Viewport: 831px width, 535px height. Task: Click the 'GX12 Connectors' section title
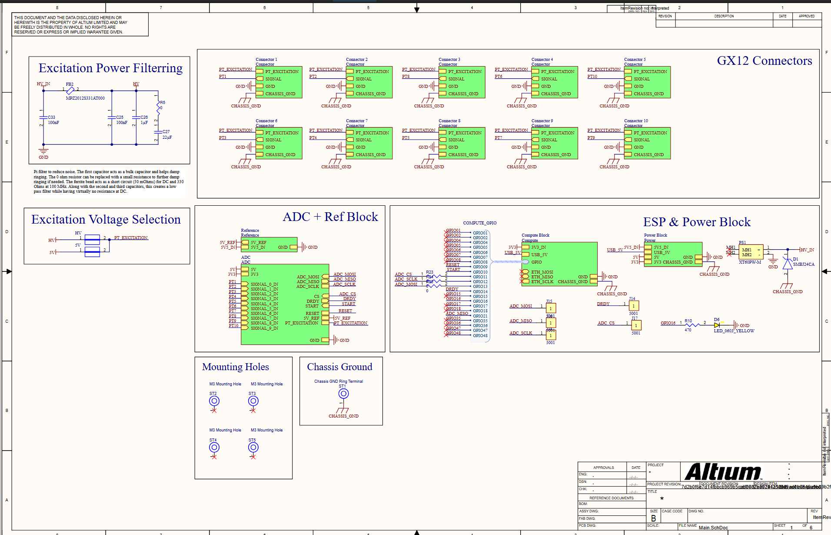pos(764,61)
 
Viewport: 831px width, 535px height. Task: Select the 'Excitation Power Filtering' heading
pos(110,68)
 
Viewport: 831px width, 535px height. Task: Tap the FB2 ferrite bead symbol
pos(70,90)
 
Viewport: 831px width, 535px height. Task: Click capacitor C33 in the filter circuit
pos(43,117)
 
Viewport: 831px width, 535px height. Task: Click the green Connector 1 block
pos(279,82)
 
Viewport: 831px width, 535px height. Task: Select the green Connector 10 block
pos(647,143)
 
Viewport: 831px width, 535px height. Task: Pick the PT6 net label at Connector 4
pos(499,77)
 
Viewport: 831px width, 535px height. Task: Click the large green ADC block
pos(285,304)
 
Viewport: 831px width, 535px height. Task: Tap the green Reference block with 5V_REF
pos(269,244)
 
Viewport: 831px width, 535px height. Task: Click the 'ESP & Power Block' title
pos(697,222)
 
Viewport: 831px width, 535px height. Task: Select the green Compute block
pos(559,264)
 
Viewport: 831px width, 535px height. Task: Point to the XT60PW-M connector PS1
pos(751,252)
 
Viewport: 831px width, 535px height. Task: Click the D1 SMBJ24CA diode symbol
pos(787,264)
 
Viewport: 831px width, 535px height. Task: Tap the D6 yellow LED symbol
pos(717,325)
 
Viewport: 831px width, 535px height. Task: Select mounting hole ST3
pos(253,401)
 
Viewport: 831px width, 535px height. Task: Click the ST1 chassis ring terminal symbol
pos(343,394)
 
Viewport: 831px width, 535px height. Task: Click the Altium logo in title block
pos(722,472)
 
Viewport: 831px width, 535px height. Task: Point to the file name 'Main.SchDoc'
pos(713,528)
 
